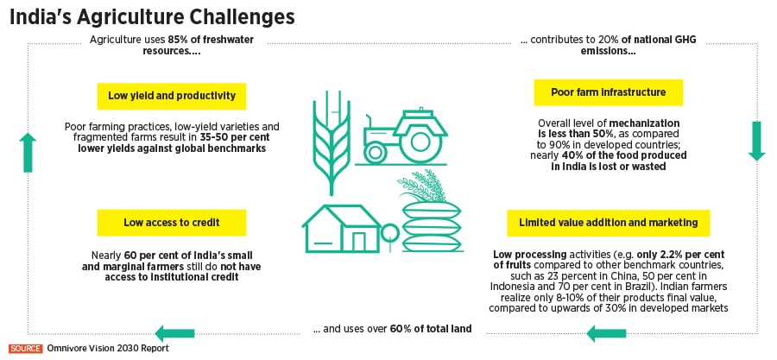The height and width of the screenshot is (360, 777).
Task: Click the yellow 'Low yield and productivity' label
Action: click(x=172, y=96)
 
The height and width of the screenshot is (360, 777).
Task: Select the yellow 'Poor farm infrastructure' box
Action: click(x=608, y=92)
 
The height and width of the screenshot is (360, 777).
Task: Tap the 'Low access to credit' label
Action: click(x=172, y=223)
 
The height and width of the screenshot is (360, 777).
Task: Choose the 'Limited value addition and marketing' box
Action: click(x=608, y=223)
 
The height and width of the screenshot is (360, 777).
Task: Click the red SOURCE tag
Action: click(x=25, y=348)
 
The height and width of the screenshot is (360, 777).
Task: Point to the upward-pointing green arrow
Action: click(x=28, y=153)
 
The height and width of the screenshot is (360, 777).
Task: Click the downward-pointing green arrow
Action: click(x=756, y=141)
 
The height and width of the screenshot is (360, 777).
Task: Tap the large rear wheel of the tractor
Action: click(x=420, y=143)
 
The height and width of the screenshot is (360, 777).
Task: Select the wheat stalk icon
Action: click(x=331, y=142)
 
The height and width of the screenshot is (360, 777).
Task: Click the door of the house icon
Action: click(x=358, y=242)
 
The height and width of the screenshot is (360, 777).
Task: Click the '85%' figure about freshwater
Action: click(x=177, y=40)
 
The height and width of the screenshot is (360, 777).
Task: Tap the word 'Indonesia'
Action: click(x=512, y=287)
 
